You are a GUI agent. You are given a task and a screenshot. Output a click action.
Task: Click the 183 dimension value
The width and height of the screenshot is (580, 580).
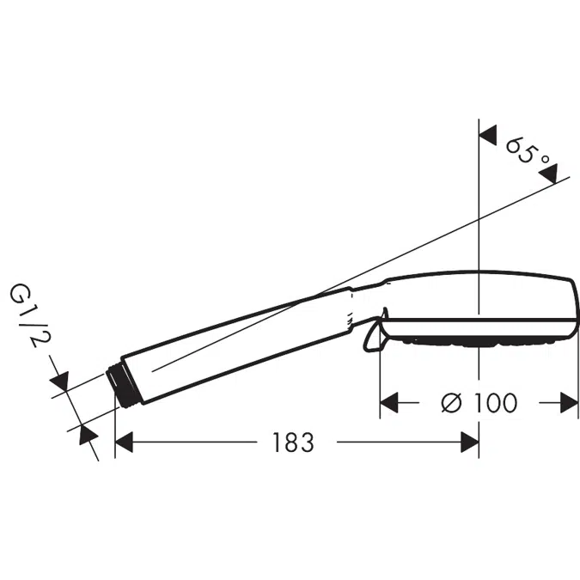click(x=293, y=442)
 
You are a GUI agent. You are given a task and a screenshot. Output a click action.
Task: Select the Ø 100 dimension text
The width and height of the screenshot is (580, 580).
click(x=479, y=402)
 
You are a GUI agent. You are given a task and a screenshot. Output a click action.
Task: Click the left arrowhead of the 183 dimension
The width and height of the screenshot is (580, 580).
click(x=125, y=442)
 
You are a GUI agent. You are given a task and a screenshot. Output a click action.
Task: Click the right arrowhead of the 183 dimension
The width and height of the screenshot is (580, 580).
click(x=470, y=442)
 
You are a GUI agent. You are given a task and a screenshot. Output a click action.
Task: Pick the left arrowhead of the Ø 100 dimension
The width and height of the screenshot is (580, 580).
click(x=389, y=402)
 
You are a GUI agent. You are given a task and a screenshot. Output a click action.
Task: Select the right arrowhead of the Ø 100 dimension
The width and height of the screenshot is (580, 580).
click(x=570, y=402)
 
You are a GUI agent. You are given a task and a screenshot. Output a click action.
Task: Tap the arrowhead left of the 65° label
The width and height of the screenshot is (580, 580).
click(x=488, y=135)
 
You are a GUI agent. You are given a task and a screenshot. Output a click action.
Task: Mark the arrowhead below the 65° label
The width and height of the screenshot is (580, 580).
click(x=548, y=174)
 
